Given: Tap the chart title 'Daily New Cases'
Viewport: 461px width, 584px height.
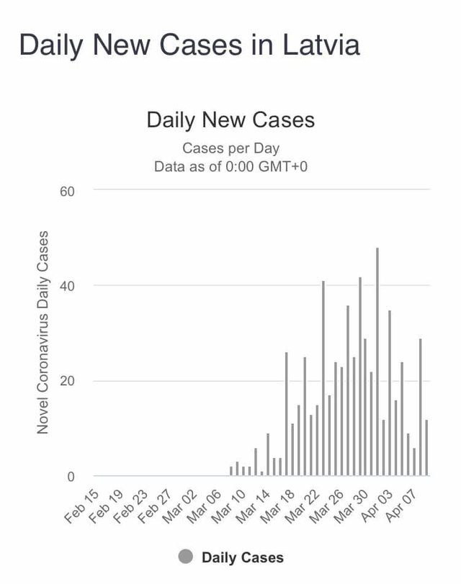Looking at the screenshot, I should pyautogui.click(x=230, y=119).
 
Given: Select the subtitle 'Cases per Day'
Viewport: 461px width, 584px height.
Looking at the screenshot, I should pyautogui.click(x=230, y=148).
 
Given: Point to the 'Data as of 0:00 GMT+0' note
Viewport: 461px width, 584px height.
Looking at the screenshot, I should pyautogui.click(x=230, y=166).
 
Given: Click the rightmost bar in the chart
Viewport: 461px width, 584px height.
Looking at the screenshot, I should pyautogui.click(x=426, y=447).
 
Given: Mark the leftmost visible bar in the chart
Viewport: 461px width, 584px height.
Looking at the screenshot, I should pyautogui.click(x=231, y=471).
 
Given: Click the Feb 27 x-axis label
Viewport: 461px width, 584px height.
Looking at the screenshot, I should pyautogui.click(x=156, y=503).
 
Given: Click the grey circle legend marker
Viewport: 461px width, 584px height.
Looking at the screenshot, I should pyautogui.click(x=186, y=557).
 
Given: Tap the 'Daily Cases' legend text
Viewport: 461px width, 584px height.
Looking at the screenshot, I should pyautogui.click(x=243, y=557).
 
